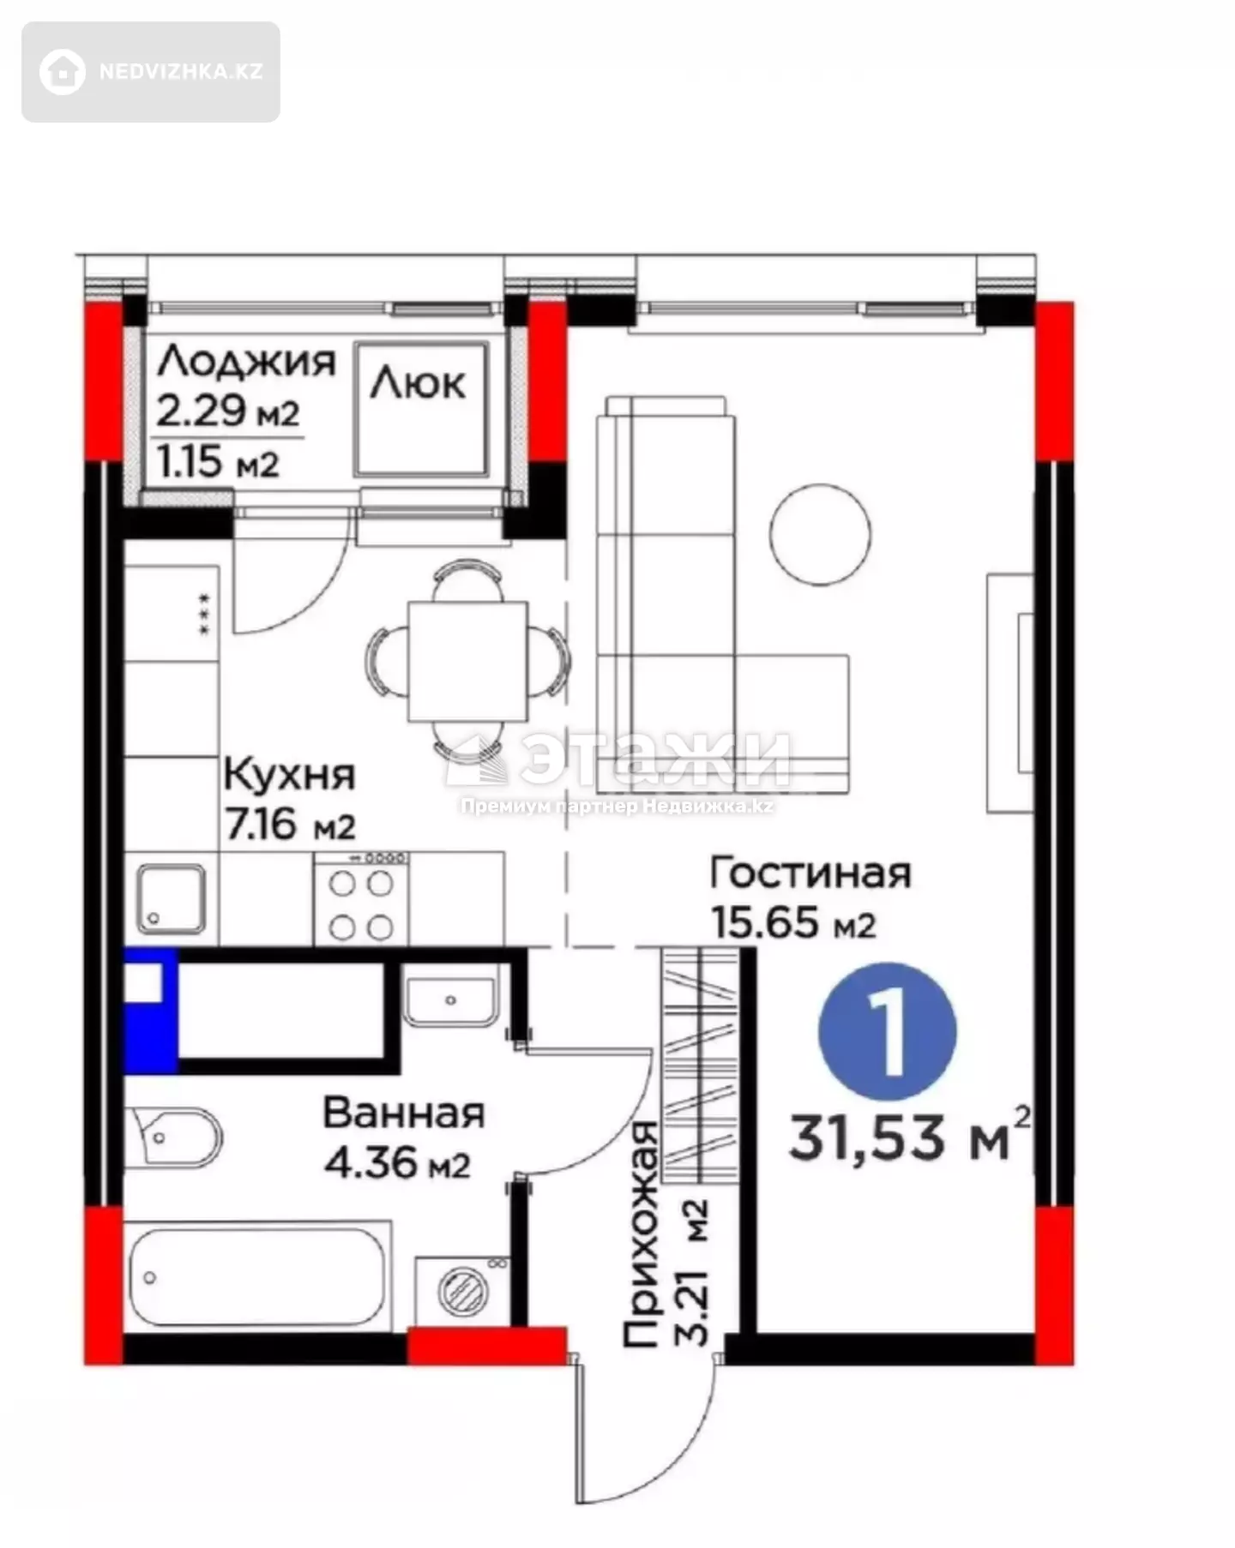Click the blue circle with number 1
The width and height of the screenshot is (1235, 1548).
[x=888, y=1031]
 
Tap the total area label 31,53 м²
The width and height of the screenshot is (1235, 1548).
[x=909, y=1135]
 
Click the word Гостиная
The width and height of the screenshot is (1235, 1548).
[x=810, y=873]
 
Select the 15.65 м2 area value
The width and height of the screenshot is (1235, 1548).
[x=793, y=923]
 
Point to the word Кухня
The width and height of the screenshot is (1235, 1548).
[x=289, y=775]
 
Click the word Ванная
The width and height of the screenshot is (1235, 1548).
[x=404, y=1113]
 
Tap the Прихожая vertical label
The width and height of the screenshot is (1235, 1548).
[x=642, y=1234]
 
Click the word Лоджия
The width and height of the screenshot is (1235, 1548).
[x=246, y=361]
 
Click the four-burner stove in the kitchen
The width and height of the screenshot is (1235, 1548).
[x=361, y=899]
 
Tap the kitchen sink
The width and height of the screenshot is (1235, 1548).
[x=172, y=898]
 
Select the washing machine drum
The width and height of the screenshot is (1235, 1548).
[x=463, y=1290]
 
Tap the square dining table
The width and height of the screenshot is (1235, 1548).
[x=467, y=661]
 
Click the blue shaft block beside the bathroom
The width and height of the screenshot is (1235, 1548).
[x=151, y=1011]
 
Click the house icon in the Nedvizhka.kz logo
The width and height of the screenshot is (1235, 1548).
[x=63, y=71]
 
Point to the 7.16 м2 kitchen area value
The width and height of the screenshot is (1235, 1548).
[x=290, y=825]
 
